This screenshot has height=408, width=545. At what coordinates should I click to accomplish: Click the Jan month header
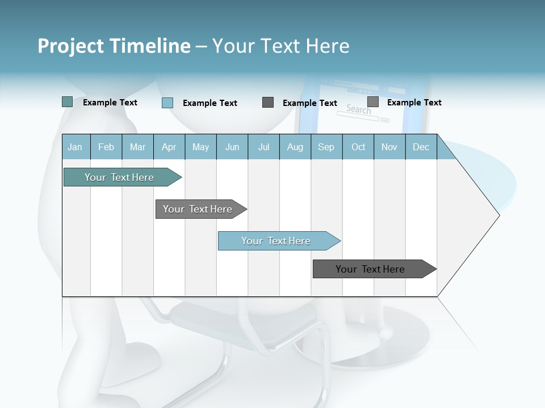75,147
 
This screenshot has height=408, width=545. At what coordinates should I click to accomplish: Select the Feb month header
106,147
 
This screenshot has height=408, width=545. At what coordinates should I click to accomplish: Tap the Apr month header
169,147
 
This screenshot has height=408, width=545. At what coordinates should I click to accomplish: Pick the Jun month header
232,147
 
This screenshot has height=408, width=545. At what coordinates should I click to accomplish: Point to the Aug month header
295,147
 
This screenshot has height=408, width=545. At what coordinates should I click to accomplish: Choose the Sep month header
326,147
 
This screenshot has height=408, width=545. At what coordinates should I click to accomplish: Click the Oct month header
358,147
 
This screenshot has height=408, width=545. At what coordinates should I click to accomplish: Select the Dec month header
421,147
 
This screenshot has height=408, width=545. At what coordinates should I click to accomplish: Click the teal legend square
67,102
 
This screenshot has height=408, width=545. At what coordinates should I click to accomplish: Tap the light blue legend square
167,103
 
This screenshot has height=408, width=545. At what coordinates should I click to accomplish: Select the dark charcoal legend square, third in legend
268,103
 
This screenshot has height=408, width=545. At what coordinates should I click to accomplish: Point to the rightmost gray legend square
372,102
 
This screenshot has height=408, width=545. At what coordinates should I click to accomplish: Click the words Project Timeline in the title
114,46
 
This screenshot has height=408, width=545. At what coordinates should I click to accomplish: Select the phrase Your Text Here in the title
280,46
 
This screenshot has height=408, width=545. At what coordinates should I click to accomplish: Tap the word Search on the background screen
358,109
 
